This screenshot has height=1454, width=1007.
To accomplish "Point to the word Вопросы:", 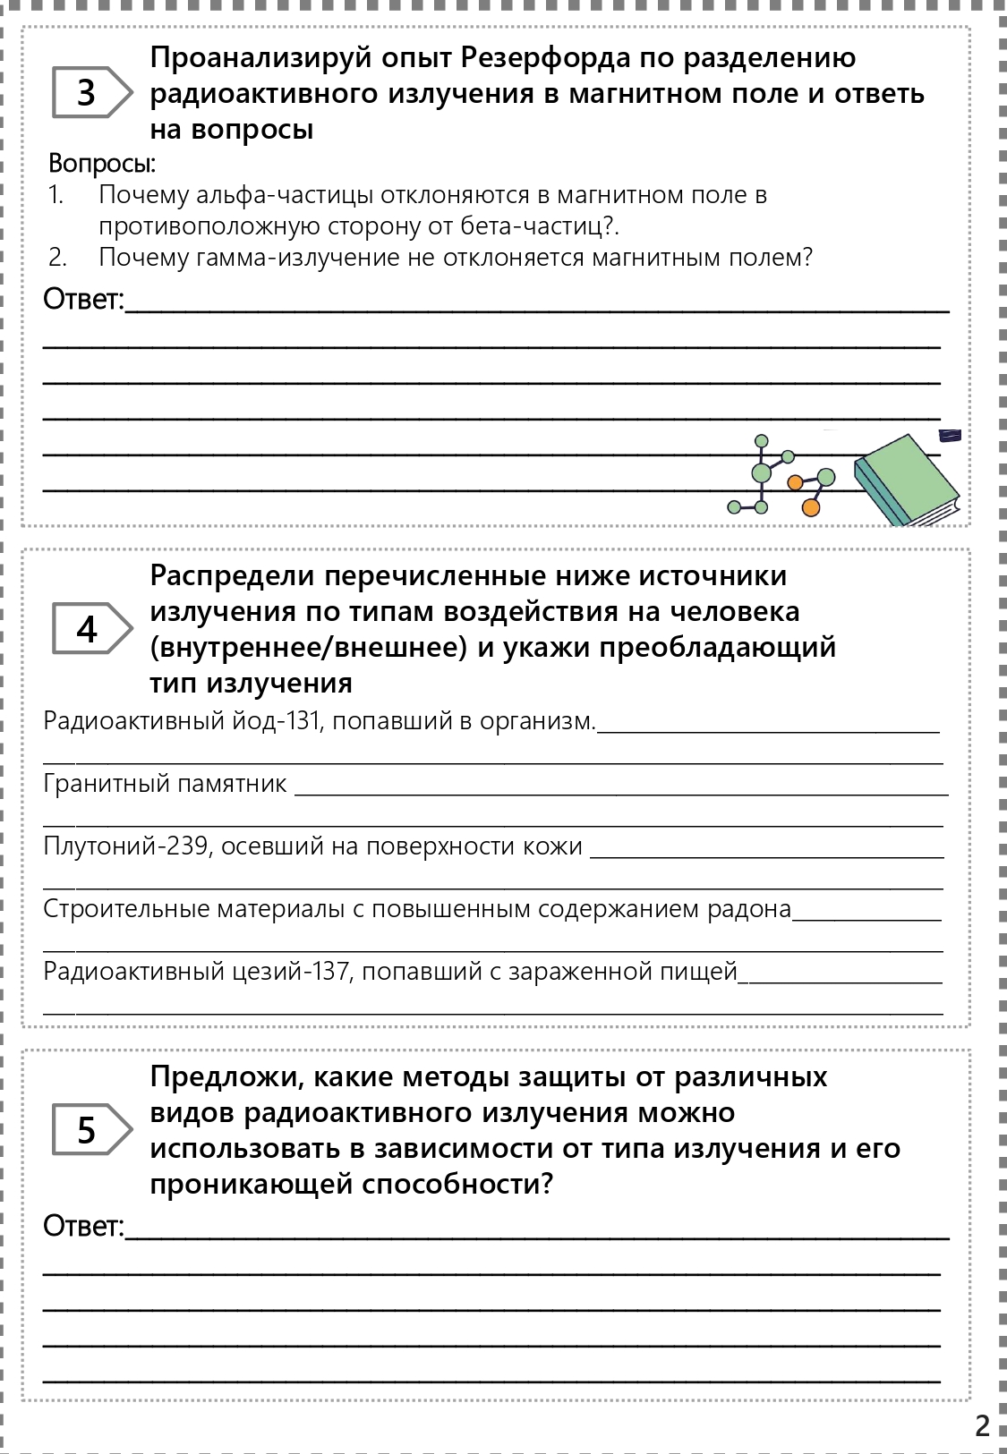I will pos(102,164).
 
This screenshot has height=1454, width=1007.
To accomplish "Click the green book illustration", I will pos(906,480).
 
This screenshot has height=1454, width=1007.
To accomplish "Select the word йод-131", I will pos(277,721).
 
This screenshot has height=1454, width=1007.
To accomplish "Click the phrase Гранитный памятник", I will pos(166,784).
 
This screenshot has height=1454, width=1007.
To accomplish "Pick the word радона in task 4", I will pos(748,909).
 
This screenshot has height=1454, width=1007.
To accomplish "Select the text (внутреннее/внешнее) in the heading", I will pos(309,647).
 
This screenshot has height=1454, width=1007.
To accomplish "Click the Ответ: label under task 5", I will pos(84,1226).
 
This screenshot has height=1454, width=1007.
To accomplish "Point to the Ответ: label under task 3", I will pos(84,300).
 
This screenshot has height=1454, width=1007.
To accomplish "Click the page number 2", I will pos(982,1425).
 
